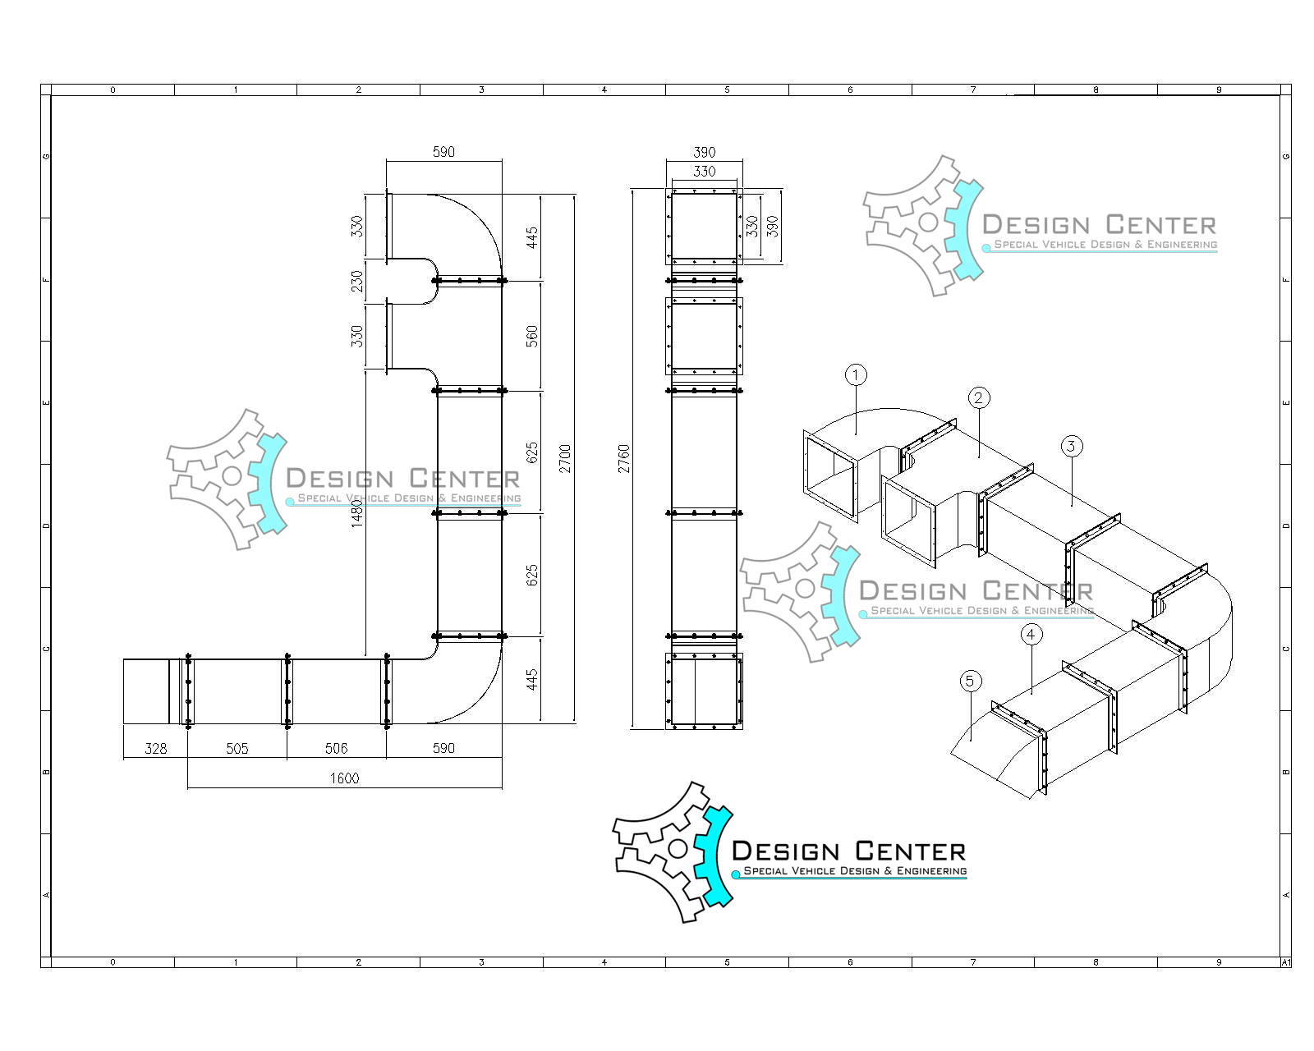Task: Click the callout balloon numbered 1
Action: click(x=856, y=375)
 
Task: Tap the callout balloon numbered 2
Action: click(x=977, y=398)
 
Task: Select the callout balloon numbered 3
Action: click(x=1071, y=446)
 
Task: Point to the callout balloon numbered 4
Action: click(x=1031, y=634)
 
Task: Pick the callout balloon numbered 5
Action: click(x=970, y=681)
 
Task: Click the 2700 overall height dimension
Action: click(x=565, y=458)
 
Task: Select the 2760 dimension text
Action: click(x=624, y=458)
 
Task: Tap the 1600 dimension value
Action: click(x=344, y=778)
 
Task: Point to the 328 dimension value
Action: click(x=155, y=748)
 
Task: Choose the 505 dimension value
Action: click(x=237, y=748)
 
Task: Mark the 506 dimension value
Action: click(x=336, y=748)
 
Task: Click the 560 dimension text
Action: click(x=532, y=336)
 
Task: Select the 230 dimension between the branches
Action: click(x=356, y=282)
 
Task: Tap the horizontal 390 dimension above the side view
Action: click(x=704, y=152)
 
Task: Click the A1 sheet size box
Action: click(x=1285, y=962)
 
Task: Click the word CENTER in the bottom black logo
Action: click(x=909, y=851)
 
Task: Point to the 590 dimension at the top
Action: click(x=443, y=152)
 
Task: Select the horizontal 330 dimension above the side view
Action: click(x=704, y=172)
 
